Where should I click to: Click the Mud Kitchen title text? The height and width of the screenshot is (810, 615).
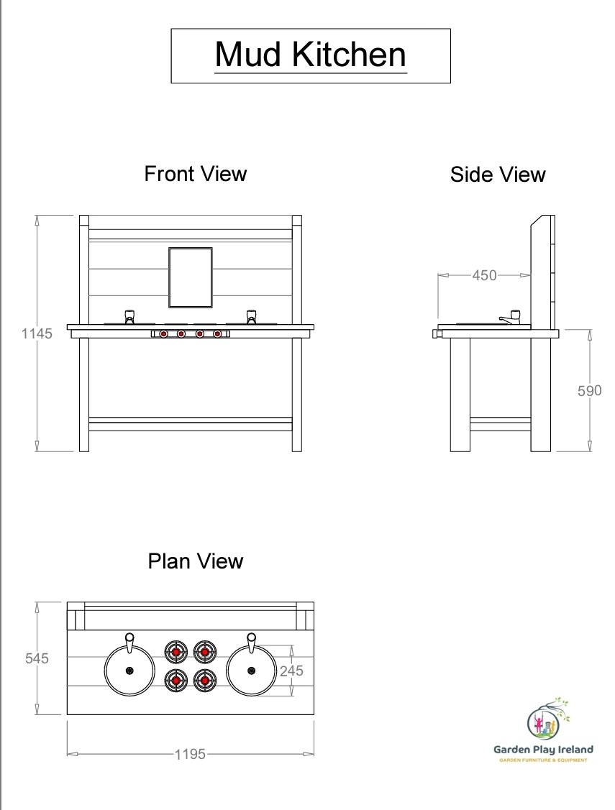point(310,55)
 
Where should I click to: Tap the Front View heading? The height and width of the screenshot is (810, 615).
point(196,174)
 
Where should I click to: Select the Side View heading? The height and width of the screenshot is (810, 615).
point(498,175)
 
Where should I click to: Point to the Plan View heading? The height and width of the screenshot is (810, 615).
point(196,561)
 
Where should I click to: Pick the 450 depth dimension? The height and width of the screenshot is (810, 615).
point(484,275)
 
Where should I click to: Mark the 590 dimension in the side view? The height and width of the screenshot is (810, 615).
point(590,390)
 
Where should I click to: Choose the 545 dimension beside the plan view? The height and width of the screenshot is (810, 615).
point(37,658)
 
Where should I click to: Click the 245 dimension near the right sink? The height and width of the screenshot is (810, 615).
point(291,671)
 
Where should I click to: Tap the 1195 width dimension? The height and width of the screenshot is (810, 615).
point(190,754)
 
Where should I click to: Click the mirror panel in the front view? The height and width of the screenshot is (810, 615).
point(191,277)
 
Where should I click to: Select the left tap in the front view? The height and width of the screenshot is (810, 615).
point(129,316)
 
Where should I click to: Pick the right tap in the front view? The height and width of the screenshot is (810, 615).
point(251,316)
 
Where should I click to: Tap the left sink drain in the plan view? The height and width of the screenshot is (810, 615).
point(129,671)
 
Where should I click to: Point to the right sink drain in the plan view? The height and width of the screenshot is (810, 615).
point(251,671)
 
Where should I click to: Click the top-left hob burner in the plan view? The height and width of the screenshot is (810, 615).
point(176,653)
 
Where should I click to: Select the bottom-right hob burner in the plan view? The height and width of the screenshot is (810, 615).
point(205,679)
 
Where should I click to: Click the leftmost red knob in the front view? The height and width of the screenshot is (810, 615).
point(164,334)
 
